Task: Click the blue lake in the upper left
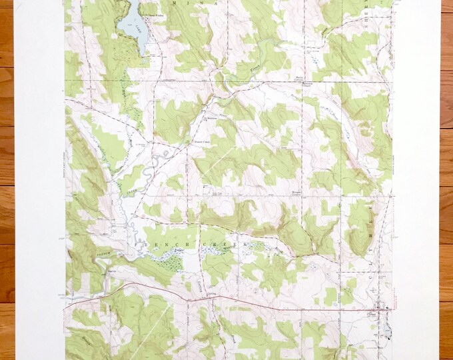[132, 23]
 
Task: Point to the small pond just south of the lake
[142, 63]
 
